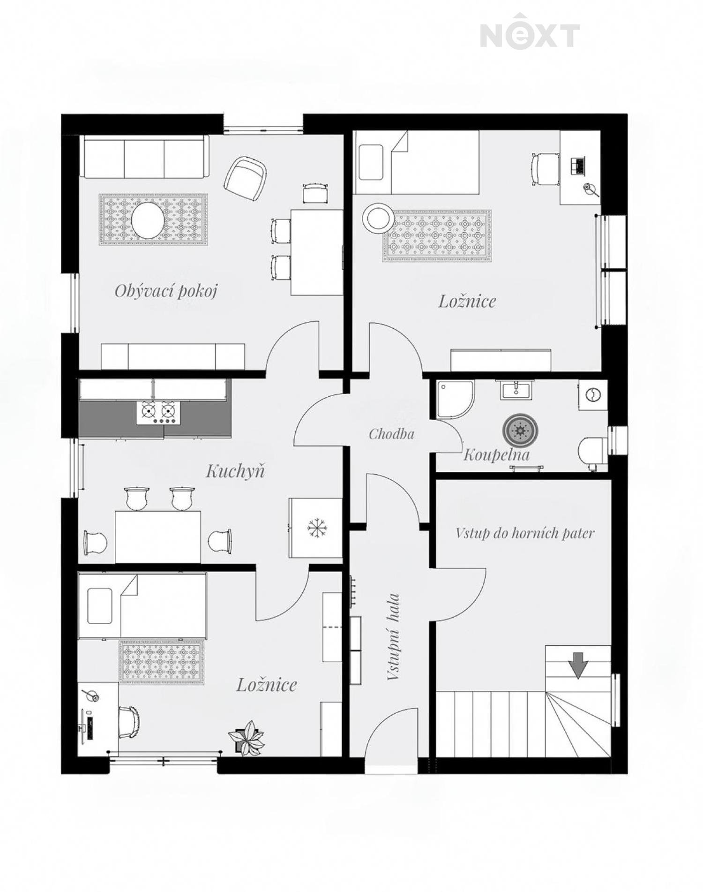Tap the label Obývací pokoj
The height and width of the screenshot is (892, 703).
click(166, 291)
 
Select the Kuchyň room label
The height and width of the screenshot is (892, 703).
click(235, 471)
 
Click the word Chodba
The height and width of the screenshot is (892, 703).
click(391, 434)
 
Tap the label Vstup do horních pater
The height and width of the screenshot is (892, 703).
click(525, 533)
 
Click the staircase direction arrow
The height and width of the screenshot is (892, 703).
click(578, 665)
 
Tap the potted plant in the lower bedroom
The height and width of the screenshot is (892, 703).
click(247, 739)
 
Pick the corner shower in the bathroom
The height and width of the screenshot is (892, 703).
click(455, 399)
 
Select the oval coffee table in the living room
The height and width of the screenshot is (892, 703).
click(148, 219)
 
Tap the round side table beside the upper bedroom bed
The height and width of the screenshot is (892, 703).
click(378, 218)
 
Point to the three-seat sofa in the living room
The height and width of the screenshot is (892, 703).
click(145, 157)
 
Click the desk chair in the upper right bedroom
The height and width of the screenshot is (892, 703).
click(545, 169)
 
